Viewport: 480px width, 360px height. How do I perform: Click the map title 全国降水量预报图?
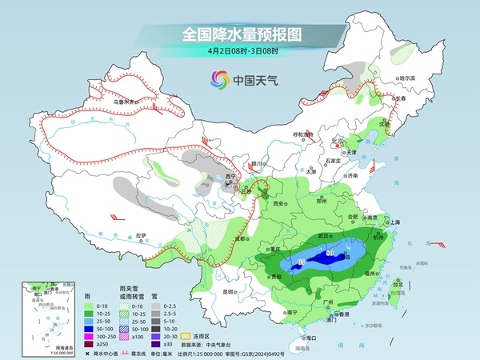pyautogui.click(x=239, y=34)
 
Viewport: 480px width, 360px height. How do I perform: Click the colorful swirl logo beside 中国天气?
pyautogui.click(x=218, y=80)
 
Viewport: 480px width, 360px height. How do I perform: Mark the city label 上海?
pyautogui.click(x=394, y=222)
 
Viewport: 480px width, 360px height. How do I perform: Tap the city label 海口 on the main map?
pyautogui.click(x=302, y=338)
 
